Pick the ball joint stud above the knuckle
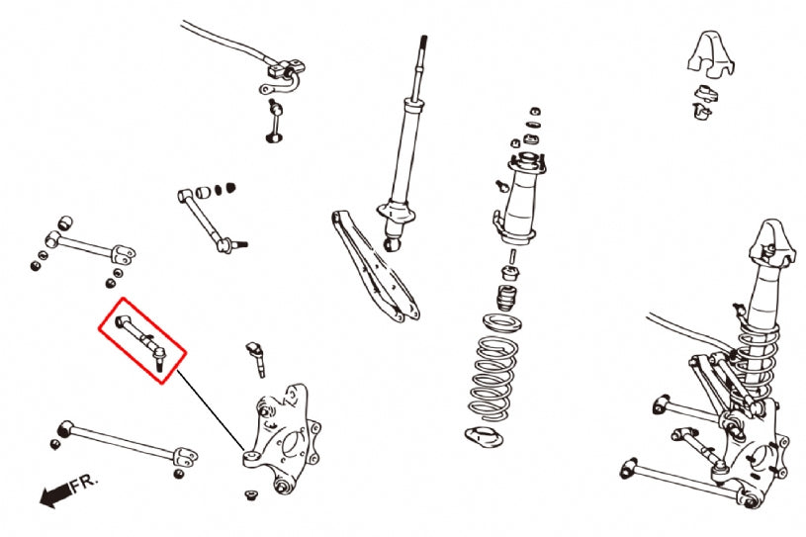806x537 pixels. point(256,357)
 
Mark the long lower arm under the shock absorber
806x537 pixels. point(376,267)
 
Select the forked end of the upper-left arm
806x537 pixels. point(124,251)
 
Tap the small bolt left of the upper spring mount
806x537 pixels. point(493,184)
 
